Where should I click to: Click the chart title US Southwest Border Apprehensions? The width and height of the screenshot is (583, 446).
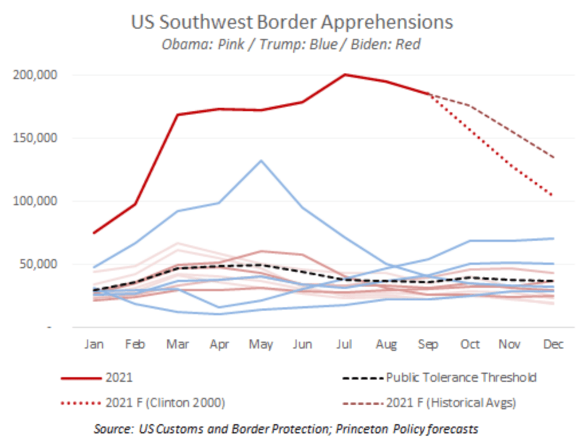(292, 22)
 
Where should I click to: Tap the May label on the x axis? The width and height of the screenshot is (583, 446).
(261, 345)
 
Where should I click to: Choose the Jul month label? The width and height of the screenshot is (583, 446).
(345, 345)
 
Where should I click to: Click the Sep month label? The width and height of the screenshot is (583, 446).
(428, 345)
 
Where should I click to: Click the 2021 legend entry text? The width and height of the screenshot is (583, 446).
(119, 378)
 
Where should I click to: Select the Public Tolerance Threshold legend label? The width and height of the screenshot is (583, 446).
(462, 378)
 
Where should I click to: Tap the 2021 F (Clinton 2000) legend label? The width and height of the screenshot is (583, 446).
(166, 403)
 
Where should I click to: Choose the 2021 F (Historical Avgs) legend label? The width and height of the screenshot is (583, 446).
(451, 403)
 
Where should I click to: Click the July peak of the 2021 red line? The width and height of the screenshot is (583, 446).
(345, 75)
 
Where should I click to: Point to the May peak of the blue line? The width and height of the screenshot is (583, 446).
(261, 161)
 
